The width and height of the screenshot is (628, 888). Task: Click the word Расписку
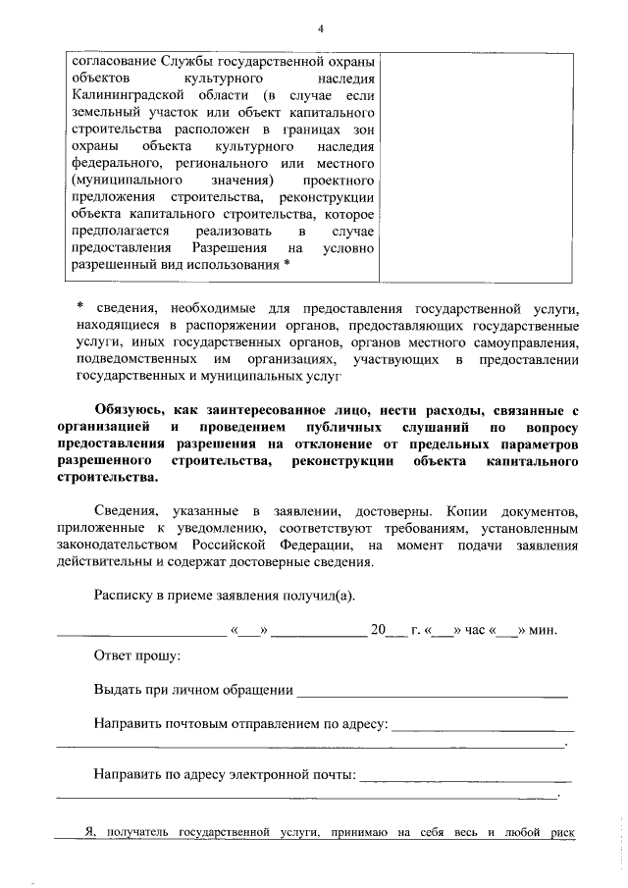click(x=126, y=596)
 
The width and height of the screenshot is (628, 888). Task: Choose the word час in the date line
click(x=472, y=631)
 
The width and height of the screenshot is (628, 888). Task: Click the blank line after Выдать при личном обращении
click(x=432, y=695)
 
